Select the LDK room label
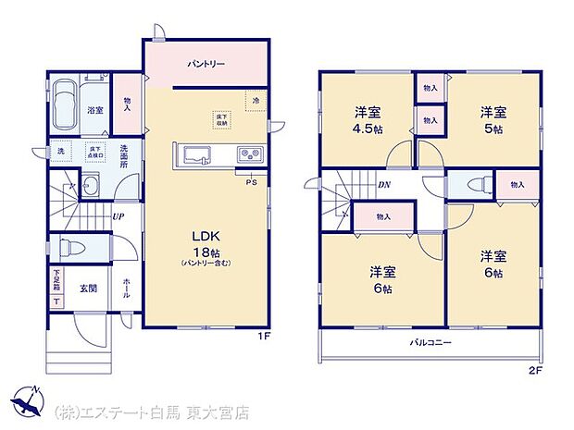(205, 236)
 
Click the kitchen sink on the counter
(197, 154)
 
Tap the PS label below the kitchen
(250, 182)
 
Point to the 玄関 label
(86, 288)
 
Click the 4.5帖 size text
(369, 129)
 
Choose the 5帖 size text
(493, 129)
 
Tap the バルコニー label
(431, 342)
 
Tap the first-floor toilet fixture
(70, 248)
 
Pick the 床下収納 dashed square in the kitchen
(221, 117)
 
